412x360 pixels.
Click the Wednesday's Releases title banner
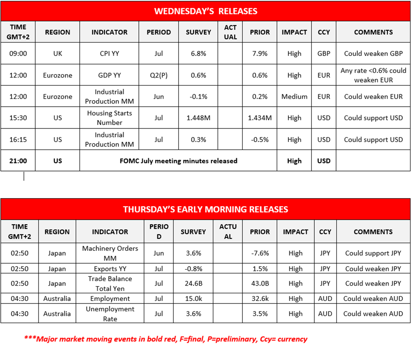[x=206, y=11]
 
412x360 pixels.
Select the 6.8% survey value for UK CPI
[x=198, y=53]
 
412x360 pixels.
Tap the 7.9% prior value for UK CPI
[x=260, y=53]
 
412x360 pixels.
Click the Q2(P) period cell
[x=159, y=75]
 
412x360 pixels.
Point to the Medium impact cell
[x=294, y=96]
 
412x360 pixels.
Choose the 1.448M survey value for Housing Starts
[x=198, y=118]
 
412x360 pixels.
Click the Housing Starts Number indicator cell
[x=109, y=118]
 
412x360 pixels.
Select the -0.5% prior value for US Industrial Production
[x=260, y=140]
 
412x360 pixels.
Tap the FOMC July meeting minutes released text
[x=178, y=161]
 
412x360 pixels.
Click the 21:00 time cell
[x=18, y=161]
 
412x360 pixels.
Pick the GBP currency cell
[x=324, y=53]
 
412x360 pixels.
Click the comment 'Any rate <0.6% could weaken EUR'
[x=373, y=75]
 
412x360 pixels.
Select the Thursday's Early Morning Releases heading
[x=206, y=209]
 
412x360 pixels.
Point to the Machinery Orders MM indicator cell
[x=110, y=253]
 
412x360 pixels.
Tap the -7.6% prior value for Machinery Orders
[x=260, y=253]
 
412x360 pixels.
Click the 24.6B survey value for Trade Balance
[x=194, y=283]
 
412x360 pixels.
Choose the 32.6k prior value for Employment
[x=260, y=299]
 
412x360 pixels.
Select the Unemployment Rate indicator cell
[x=110, y=314]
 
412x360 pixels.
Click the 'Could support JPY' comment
[x=373, y=253]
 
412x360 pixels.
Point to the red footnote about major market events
[x=166, y=339]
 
